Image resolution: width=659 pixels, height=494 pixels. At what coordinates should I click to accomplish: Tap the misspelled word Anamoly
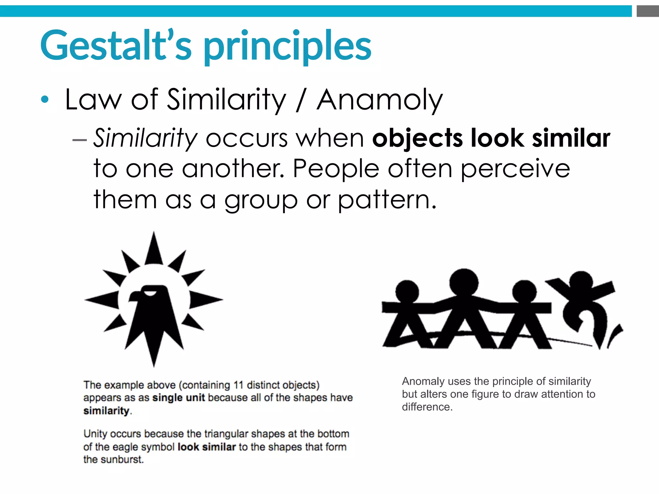click(x=380, y=100)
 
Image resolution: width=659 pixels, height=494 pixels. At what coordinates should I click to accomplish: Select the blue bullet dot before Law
click(x=45, y=100)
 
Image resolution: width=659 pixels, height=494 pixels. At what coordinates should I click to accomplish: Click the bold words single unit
click(x=179, y=398)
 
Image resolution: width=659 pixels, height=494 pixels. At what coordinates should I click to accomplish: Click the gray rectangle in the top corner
click(x=647, y=11)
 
